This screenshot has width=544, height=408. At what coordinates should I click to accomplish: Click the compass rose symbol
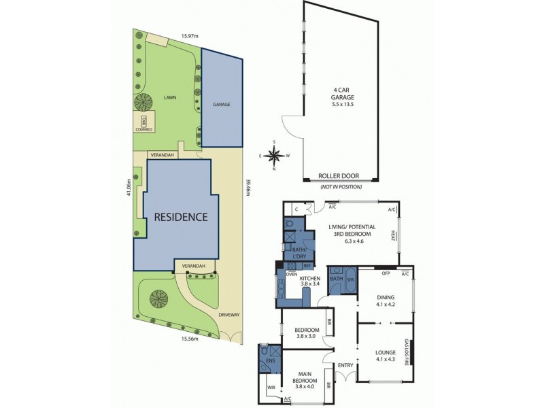[x=274, y=156]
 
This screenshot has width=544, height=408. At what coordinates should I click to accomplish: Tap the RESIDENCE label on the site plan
[x=180, y=218]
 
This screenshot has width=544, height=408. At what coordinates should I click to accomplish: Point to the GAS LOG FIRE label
[x=406, y=352]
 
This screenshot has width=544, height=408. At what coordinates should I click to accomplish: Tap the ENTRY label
[x=345, y=366]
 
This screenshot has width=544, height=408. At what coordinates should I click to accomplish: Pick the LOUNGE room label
[x=386, y=352]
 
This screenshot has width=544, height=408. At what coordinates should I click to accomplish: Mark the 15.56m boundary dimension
[x=188, y=338]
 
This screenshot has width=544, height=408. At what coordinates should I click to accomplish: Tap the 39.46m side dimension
[x=248, y=187]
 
